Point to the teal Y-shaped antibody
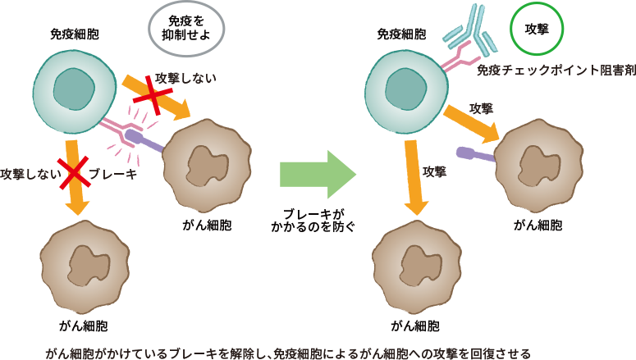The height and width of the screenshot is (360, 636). (469, 30)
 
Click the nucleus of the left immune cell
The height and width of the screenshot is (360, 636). (74, 88)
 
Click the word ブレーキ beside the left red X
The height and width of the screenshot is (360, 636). (112, 174)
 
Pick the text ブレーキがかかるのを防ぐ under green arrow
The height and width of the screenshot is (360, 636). (318, 216)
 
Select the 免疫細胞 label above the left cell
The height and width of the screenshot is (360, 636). (74, 34)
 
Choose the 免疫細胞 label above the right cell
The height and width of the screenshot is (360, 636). (401, 34)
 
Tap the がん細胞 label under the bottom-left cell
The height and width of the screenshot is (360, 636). (84, 326)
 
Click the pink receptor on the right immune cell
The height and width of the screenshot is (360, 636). (460, 59)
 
